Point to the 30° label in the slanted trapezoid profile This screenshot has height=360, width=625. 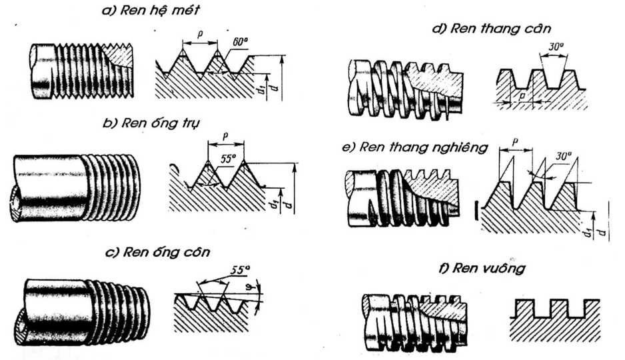click(x=563, y=156)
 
